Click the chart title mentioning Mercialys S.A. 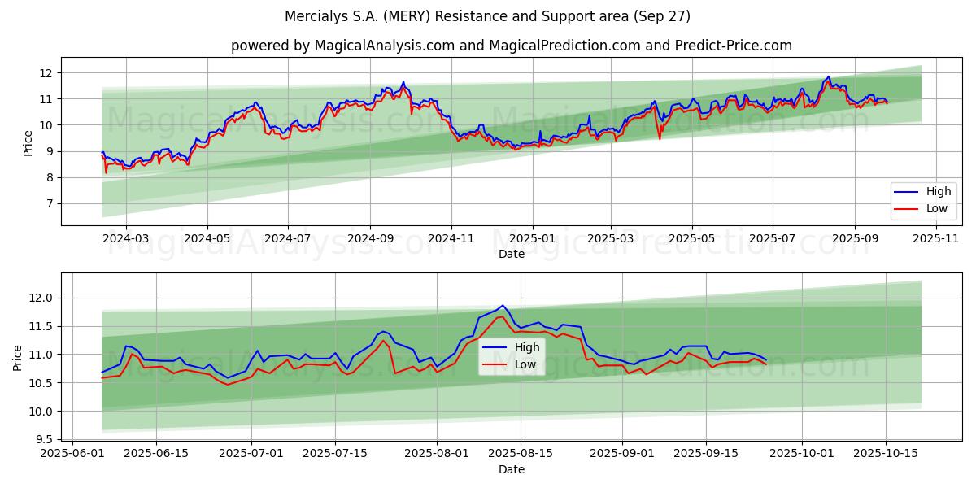[x=487, y=16]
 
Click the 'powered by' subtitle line [x=511, y=46]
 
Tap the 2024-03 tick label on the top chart [x=126, y=238]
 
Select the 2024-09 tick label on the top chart [x=370, y=238]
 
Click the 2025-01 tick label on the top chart [x=532, y=238]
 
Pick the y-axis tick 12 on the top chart [x=46, y=73]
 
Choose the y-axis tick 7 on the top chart [x=50, y=203]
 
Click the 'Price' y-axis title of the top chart [x=28, y=143]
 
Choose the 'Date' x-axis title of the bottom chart [x=511, y=469]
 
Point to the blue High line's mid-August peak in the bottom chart [x=503, y=306]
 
